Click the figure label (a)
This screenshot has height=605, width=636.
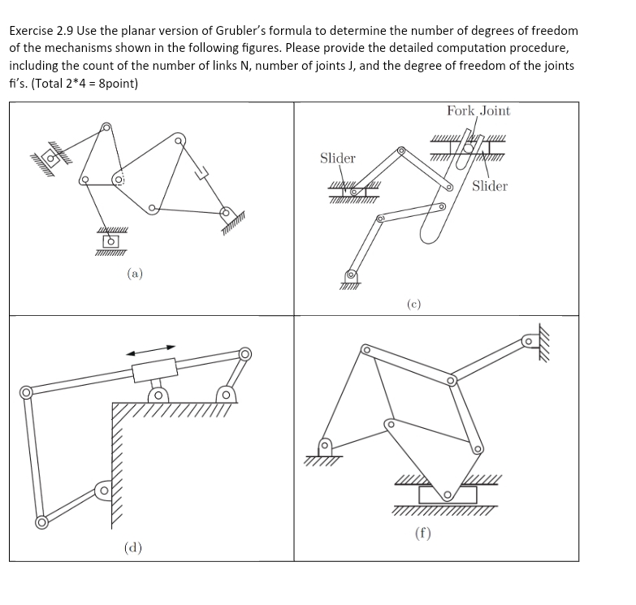(135, 274)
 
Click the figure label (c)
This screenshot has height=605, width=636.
(414, 304)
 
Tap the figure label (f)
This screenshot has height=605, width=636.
(422, 534)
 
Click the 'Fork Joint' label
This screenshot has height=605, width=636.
(478, 110)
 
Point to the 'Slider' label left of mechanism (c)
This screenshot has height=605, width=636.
(337, 158)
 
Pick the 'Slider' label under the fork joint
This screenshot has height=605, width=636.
(489, 186)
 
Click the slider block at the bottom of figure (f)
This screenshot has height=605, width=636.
(447, 494)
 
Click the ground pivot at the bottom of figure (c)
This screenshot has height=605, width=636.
(352, 277)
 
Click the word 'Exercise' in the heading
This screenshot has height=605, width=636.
(34, 31)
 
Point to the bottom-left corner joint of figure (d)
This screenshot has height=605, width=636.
(41, 521)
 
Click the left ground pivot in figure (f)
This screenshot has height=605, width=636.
(325, 447)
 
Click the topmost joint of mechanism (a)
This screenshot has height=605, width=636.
(106, 127)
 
